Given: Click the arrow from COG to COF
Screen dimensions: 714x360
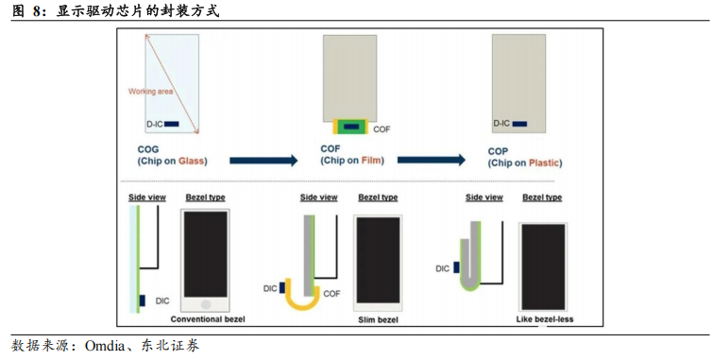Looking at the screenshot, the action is [263, 161].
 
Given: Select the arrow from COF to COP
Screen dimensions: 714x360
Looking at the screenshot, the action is [432, 160].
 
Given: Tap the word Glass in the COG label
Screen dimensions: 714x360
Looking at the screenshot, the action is [191, 161].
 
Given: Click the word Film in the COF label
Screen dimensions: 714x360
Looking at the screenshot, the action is [371, 161].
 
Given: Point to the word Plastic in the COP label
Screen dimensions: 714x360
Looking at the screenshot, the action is [543, 163].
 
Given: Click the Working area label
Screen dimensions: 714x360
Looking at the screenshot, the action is [151, 92].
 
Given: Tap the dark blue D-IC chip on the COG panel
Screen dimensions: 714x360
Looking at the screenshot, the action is [172, 124].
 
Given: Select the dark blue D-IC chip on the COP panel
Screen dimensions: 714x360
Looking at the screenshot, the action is [519, 124].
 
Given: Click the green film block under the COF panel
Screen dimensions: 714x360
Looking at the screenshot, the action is [350, 127].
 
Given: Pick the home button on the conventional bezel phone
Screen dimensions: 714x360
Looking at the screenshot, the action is [206, 304].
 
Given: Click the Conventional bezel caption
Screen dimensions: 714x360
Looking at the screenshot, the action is [208, 319].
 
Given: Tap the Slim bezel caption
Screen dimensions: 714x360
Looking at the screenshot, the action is [378, 320].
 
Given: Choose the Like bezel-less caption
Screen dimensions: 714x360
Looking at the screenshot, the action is [545, 319].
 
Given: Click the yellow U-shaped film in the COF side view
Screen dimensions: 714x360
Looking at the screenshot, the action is [302, 306].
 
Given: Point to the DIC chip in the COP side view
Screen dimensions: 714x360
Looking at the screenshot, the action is [456, 267].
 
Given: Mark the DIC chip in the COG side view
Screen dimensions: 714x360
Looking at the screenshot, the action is [143, 300].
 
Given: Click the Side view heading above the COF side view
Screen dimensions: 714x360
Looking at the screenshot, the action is [319, 197].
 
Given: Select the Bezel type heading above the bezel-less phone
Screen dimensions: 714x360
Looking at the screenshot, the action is [542, 197].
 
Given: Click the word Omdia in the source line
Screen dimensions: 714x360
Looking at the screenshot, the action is [105, 347].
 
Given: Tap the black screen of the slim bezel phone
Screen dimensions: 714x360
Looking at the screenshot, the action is [378, 260].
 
